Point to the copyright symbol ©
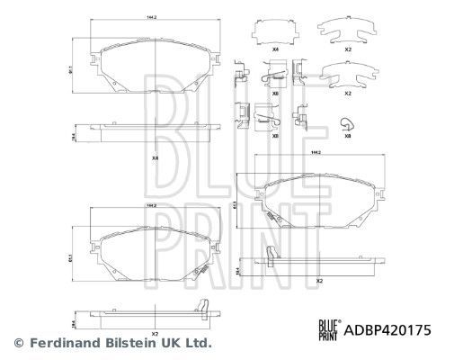(x=18, y=342)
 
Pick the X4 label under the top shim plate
(x=276, y=50)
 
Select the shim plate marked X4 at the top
(x=276, y=32)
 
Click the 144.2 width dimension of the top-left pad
(x=156, y=16)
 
